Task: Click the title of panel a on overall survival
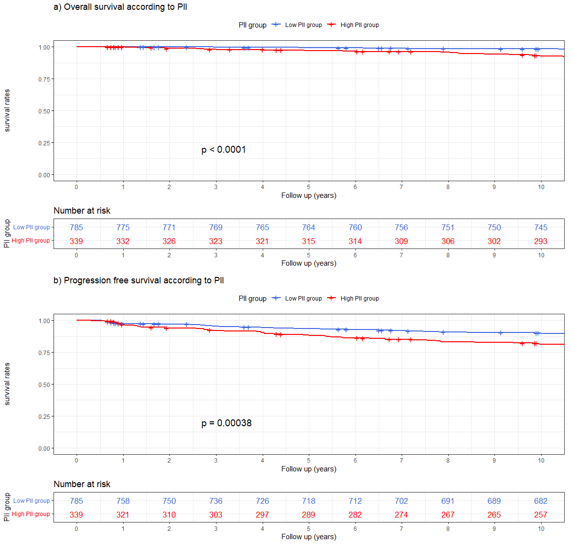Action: pyautogui.click(x=120, y=7)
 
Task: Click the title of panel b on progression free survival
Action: pyautogui.click(x=138, y=280)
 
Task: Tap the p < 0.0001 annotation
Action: pyautogui.click(x=223, y=149)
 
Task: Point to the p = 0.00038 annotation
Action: pyautogui.click(x=226, y=423)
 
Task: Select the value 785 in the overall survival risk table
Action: pyautogui.click(x=76, y=227)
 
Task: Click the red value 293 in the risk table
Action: pyautogui.click(x=541, y=241)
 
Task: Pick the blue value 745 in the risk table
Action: pyautogui.click(x=541, y=227)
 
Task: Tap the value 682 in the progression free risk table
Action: pyautogui.click(x=541, y=501)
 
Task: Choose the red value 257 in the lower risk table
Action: pyautogui.click(x=541, y=515)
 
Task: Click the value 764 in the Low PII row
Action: pyautogui.click(x=308, y=227)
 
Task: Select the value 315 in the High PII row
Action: pyautogui.click(x=308, y=241)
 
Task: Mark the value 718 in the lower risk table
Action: pyautogui.click(x=308, y=501)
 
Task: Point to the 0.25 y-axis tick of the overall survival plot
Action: pyautogui.click(x=44, y=143)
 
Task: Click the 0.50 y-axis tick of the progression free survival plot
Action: pyautogui.click(x=44, y=384)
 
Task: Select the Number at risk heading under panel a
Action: pyautogui.click(x=82, y=211)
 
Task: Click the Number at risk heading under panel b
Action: pyautogui.click(x=82, y=484)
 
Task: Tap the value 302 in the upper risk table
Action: pyautogui.click(x=494, y=241)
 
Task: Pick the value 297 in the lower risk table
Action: pyautogui.click(x=262, y=515)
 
